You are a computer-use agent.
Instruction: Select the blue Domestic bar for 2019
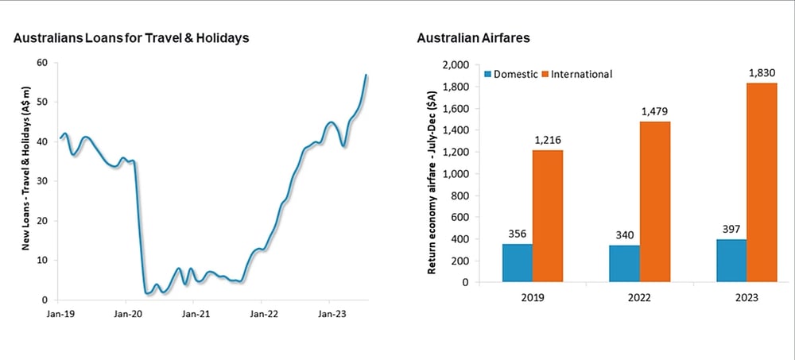(x=518, y=262)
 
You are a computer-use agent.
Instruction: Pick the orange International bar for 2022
(x=655, y=202)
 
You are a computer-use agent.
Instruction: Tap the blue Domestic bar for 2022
(x=625, y=264)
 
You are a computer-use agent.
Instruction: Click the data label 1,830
(x=762, y=73)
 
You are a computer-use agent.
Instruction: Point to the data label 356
(x=518, y=234)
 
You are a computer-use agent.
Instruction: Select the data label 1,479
(x=655, y=111)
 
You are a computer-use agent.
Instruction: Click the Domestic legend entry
(x=510, y=74)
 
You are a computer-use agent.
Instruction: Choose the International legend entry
(x=577, y=74)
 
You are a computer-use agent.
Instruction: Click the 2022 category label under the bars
(x=640, y=298)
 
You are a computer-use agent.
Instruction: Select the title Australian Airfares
(x=474, y=38)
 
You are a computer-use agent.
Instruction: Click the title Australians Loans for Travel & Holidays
(x=131, y=38)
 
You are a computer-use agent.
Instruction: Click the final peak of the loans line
(x=366, y=75)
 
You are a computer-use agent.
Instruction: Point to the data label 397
(x=731, y=229)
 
